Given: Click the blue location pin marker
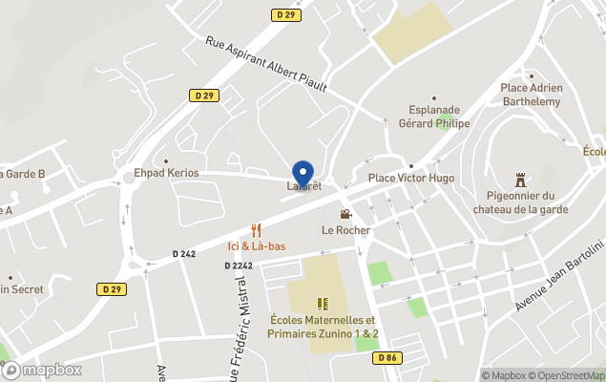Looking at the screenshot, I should coord(303,174).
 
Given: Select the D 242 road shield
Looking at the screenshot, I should coord(184,254).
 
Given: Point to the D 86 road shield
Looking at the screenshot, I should coord(386,357).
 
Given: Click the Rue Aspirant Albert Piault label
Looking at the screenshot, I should coord(266,65).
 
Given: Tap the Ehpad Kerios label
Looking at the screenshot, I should coord(166,173).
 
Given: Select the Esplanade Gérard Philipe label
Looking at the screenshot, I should coord(434,117).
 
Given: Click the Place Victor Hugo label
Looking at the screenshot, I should coord(411,179).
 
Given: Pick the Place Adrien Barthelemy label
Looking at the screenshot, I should coord(532,95).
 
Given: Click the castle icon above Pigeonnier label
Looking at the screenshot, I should coord(520,179).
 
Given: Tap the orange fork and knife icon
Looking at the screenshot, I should coord(256,230).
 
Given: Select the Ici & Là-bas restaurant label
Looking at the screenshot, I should coord(256,246).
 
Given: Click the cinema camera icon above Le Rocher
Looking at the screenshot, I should coord(345,214).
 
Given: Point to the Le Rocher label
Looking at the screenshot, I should coord(345,230).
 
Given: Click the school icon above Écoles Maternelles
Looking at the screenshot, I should coord(323,304).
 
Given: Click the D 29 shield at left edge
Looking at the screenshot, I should coord(111,288).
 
